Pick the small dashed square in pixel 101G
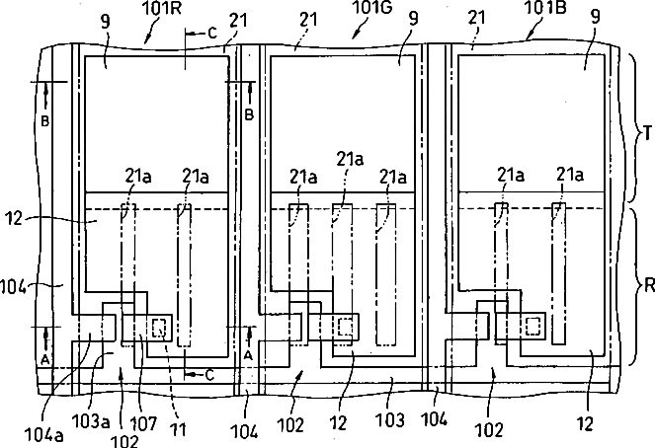(345, 327)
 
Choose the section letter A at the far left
(45, 359)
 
